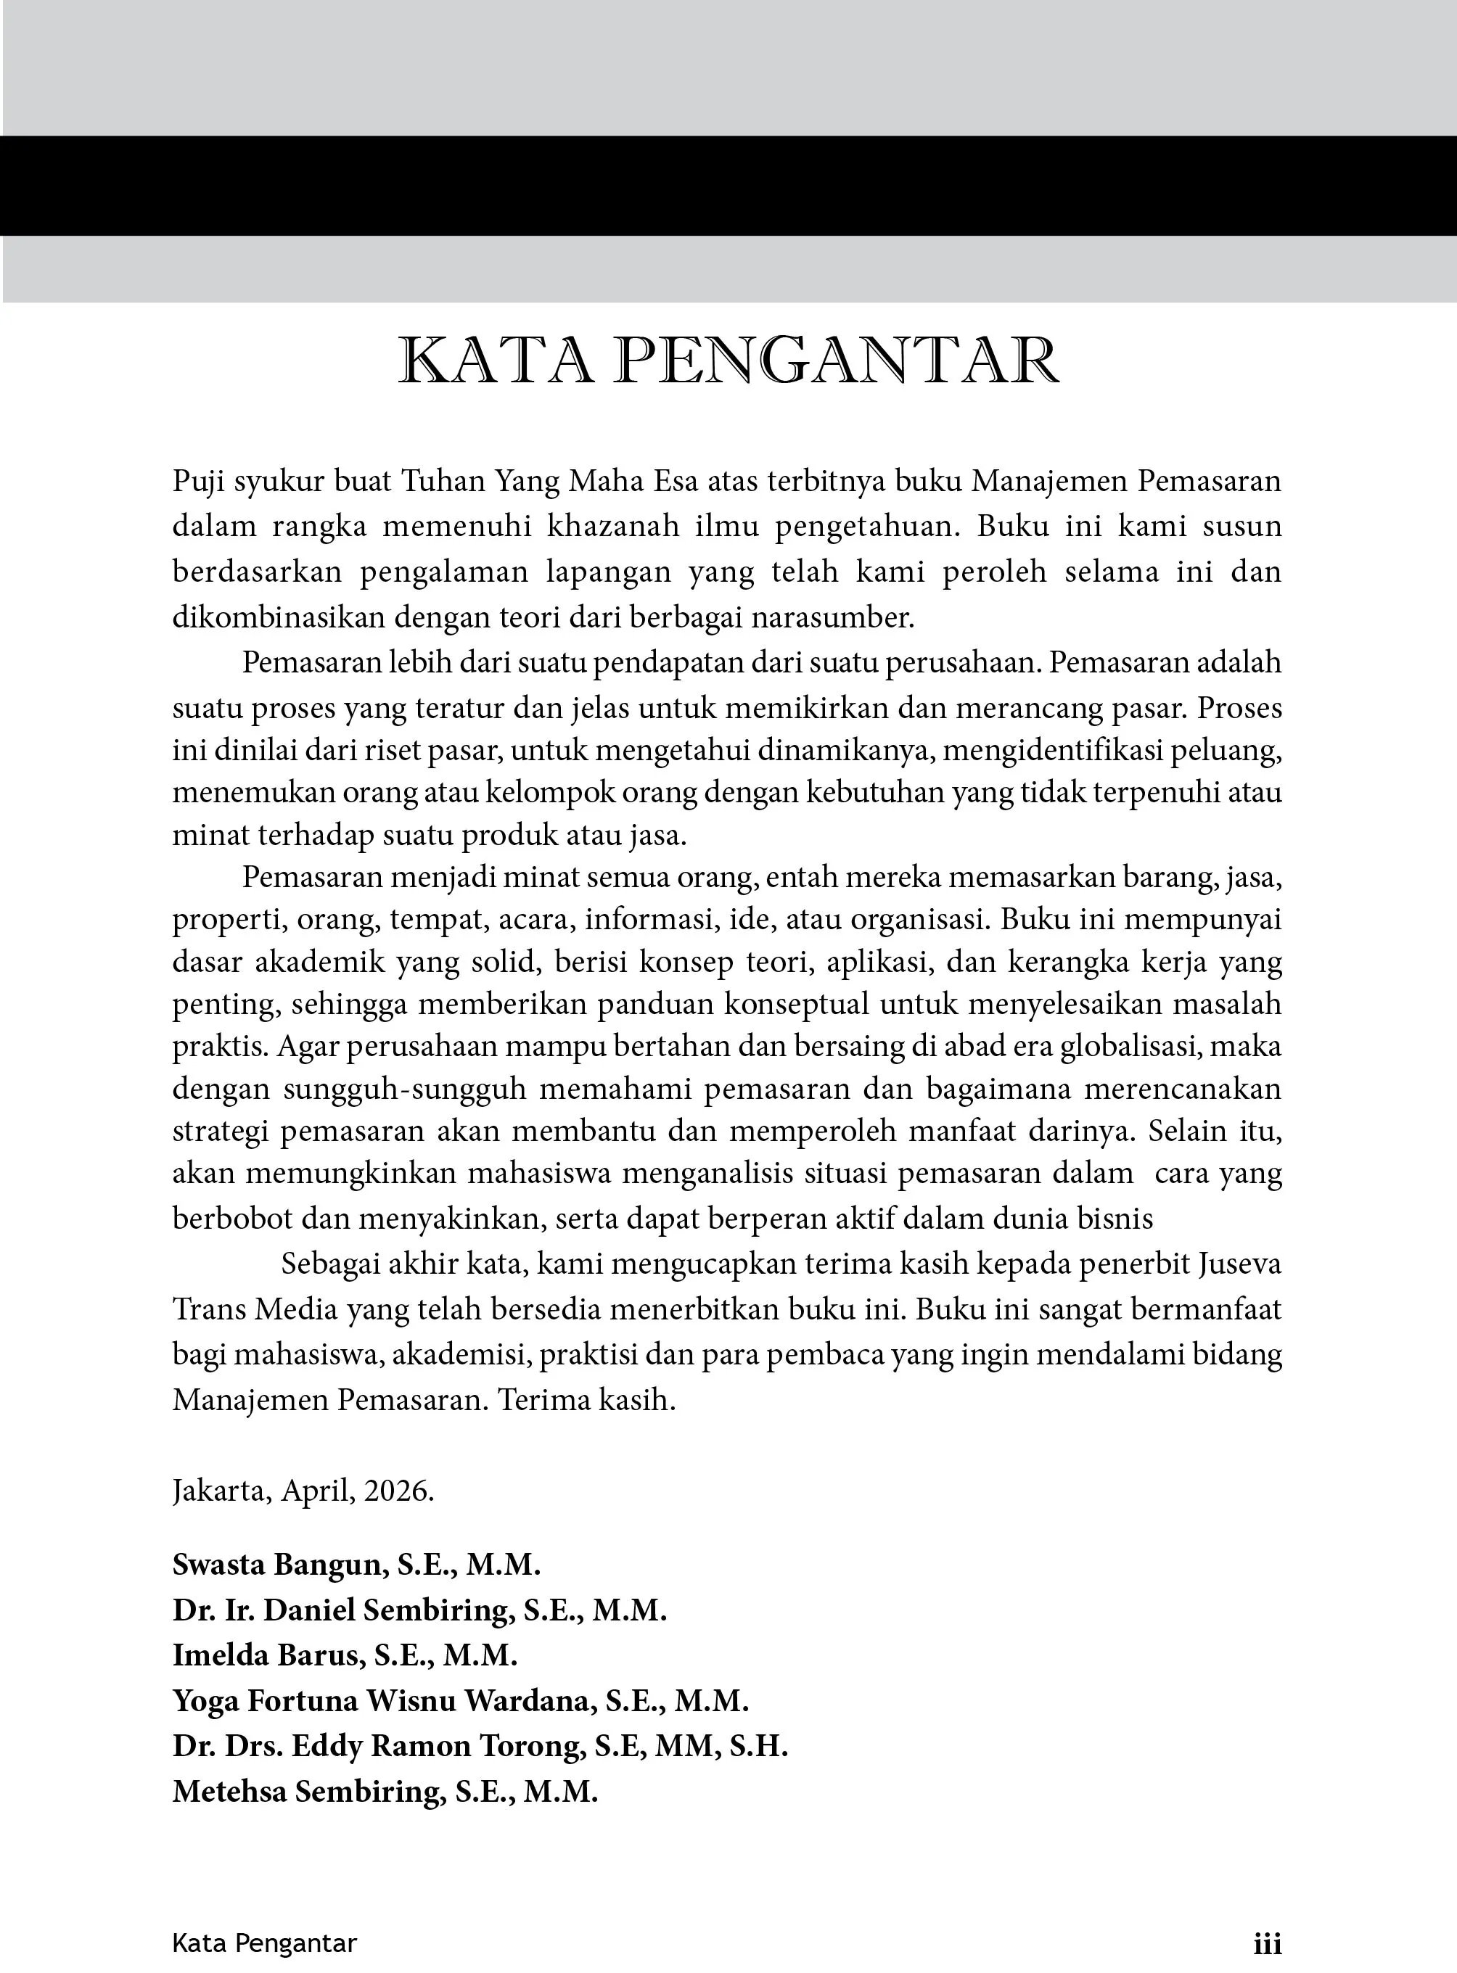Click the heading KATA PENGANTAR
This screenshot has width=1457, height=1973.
click(x=728, y=361)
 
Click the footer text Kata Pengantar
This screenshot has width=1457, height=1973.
click(x=265, y=1943)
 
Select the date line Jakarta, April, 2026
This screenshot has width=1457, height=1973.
click(x=303, y=1491)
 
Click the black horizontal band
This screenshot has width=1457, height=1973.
click(x=728, y=185)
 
